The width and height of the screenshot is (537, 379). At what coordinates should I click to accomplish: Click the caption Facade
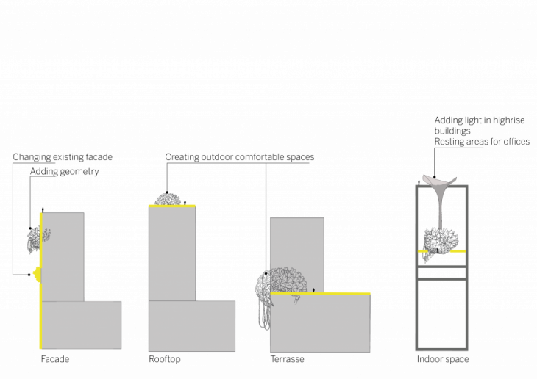click(55, 359)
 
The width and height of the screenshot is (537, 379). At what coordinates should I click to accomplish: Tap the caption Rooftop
click(164, 359)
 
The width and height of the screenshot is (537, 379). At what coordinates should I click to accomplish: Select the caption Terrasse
click(288, 359)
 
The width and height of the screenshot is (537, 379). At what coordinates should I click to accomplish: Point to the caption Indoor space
click(443, 359)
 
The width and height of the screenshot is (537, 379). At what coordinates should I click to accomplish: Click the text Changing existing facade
click(63, 157)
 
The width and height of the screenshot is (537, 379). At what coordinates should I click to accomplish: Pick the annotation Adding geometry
click(65, 171)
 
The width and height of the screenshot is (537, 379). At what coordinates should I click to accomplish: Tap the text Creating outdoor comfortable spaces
click(240, 157)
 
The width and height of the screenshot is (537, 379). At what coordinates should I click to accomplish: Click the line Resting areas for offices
click(482, 142)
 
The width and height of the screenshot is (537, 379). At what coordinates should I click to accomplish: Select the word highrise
click(508, 120)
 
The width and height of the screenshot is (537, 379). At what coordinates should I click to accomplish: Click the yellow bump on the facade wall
click(38, 275)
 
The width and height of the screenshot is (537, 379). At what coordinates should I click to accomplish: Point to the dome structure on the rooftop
click(168, 199)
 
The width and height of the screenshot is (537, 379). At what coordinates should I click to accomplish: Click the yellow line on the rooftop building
click(172, 206)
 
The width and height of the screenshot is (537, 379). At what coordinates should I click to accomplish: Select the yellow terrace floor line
click(320, 294)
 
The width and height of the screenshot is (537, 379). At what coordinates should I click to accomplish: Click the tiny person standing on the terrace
click(313, 290)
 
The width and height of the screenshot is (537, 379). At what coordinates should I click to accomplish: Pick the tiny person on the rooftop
click(185, 203)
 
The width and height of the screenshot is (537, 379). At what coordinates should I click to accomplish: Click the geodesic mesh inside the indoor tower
click(441, 242)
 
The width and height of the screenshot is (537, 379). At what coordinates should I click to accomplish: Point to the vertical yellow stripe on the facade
click(40, 281)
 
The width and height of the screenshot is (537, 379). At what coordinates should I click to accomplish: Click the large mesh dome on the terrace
click(282, 287)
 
